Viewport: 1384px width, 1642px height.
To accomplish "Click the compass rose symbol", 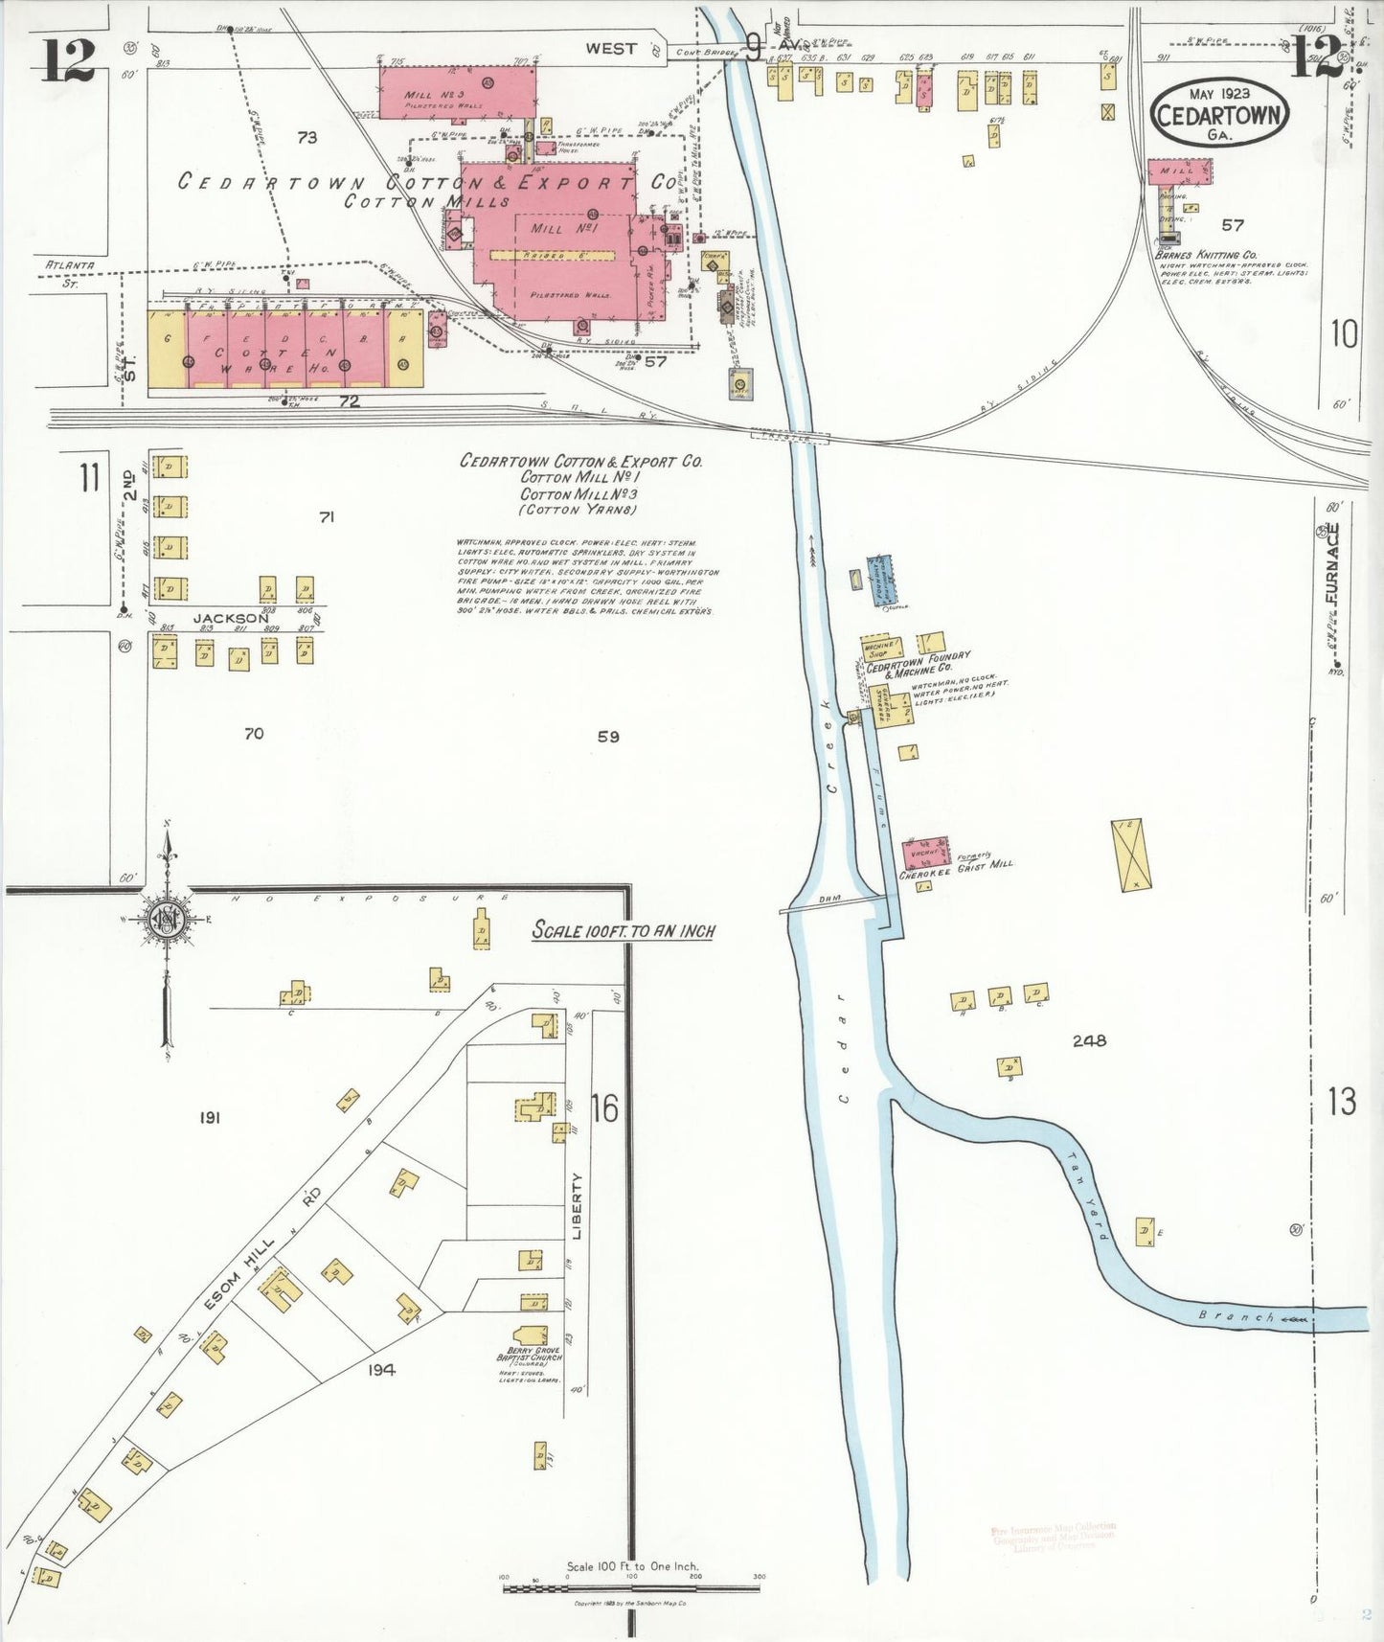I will (x=169, y=922).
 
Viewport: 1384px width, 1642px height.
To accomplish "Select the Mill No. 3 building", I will (x=457, y=93).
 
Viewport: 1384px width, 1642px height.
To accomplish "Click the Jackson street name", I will (x=231, y=618).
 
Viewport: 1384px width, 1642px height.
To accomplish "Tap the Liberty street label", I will (x=577, y=1207).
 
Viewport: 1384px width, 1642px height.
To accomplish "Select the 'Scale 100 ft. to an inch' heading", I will (x=624, y=930).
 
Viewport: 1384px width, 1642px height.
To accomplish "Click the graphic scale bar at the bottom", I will (x=632, y=1588).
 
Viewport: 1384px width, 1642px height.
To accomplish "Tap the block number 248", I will (x=1090, y=1040).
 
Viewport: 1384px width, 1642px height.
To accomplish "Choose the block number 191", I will (x=211, y=1117).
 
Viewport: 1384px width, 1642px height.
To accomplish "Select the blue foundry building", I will (x=883, y=581).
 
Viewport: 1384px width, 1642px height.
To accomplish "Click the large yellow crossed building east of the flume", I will (x=1127, y=855).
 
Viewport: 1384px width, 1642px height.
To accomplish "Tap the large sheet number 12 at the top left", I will (x=68, y=61).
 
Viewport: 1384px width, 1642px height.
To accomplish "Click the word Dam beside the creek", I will (x=829, y=900).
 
